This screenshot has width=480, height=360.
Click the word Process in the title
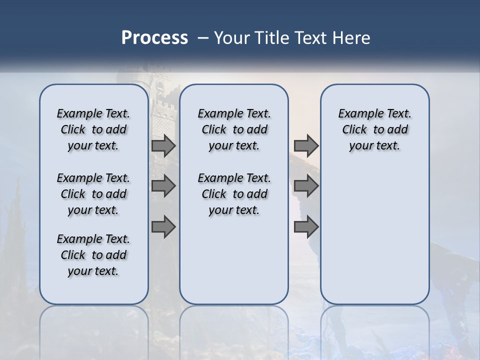[154, 37]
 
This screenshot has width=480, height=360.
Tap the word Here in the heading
[352, 38]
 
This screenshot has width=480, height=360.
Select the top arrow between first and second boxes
[163, 145]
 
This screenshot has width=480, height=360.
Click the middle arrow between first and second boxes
[163, 186]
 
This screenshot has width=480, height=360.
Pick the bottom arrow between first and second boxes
[163, 227]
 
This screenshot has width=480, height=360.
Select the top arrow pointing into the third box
[306, 145]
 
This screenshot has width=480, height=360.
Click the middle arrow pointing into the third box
[306, 186]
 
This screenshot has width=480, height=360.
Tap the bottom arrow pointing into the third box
[306, 227]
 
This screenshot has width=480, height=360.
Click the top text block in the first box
[93, 129]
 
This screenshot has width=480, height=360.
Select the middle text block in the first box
[93, 194]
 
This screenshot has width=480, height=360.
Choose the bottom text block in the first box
[93, 255]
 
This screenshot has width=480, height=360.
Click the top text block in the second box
[234, 129]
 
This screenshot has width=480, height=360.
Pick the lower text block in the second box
[234, 194]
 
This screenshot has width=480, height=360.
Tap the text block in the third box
[375, 129]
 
